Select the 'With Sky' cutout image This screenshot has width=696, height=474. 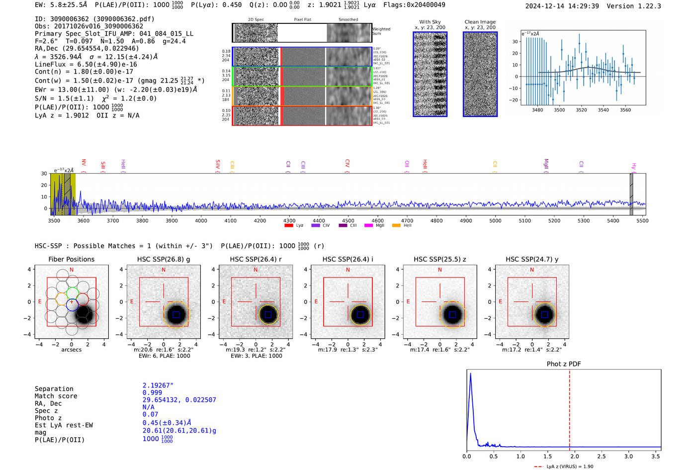pos(430,74)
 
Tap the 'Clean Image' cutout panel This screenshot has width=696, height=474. pos(480,74)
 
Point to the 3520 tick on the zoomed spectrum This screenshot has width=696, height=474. pos(581,110)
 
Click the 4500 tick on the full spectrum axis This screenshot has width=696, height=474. pos(348,220)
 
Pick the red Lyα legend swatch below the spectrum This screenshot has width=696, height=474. pos(288,225)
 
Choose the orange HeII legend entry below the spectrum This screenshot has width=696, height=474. pos(396,225)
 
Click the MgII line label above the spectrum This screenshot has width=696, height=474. pos(546,164)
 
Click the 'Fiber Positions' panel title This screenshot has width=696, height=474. pos(71,259)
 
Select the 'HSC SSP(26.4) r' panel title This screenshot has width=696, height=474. pos(256,259)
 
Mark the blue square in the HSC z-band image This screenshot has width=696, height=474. pos(452,314)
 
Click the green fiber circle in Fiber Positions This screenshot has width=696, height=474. pos(72,293)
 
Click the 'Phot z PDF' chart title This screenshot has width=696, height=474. pos(564,364)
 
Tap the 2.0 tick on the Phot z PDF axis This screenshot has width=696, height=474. pos(575,456)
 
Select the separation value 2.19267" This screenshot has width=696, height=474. pos(158,385)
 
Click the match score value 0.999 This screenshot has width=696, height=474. pos(152,392)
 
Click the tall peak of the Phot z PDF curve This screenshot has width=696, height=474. pos(470,375)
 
